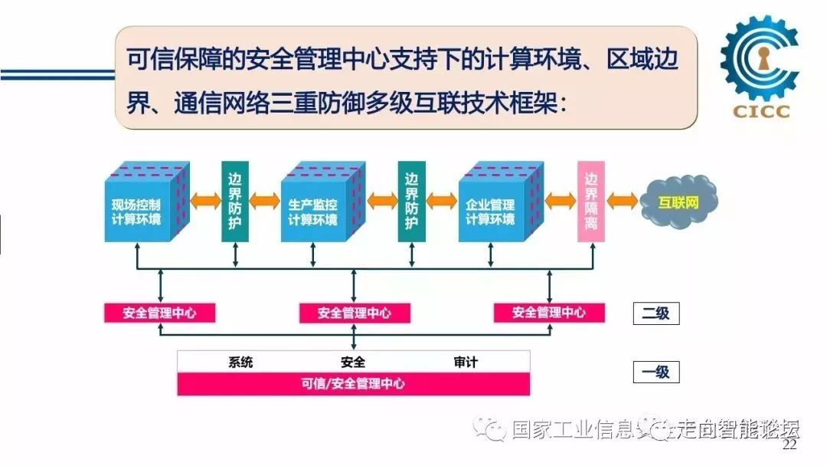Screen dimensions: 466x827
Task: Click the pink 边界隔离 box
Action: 591,202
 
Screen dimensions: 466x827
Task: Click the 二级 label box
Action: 655,313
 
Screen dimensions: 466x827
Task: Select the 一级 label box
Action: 655,372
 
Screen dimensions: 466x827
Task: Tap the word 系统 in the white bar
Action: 240,362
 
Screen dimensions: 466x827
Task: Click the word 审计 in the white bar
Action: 465,362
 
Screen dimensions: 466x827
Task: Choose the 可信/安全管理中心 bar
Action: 353,384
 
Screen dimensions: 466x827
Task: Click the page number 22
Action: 789,445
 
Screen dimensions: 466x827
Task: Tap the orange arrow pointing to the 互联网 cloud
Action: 625,201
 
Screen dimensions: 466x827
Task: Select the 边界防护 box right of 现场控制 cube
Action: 235,202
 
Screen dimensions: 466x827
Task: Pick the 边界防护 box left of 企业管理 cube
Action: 411,202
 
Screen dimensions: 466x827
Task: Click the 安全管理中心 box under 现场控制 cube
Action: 159,313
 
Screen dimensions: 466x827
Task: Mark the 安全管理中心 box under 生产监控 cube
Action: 354,313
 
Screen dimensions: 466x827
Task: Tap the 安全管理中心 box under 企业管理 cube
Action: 548,313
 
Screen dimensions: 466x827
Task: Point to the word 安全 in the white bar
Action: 353,362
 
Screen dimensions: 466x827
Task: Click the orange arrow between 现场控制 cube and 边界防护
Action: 205,201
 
